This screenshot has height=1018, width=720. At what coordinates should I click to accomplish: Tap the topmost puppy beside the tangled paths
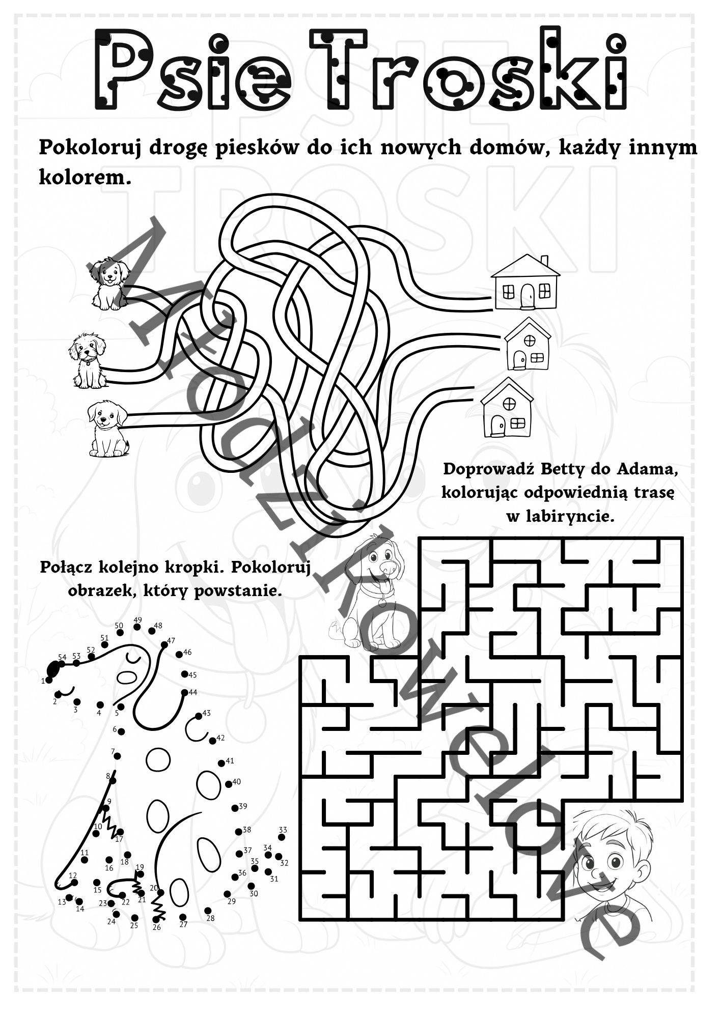(109, 284)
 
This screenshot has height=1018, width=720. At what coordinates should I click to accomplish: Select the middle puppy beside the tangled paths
(88, 360)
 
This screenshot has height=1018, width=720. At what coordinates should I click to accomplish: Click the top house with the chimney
(525, 282)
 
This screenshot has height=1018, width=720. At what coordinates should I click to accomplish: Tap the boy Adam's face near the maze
(611, 860)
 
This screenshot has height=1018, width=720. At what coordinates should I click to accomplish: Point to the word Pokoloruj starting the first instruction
(91, 148)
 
